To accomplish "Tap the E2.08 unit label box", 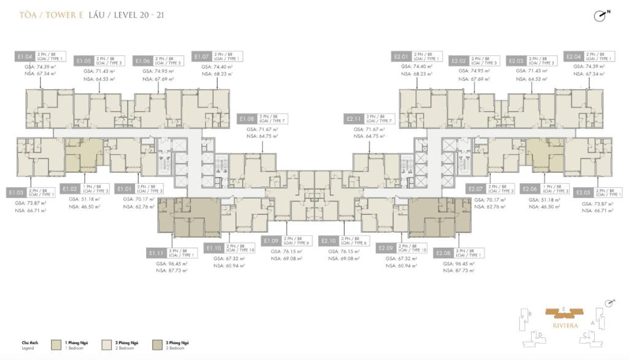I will tap(443, 252).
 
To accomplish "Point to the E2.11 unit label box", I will tap(353, 118).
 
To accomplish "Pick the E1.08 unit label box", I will tap(248, 118).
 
